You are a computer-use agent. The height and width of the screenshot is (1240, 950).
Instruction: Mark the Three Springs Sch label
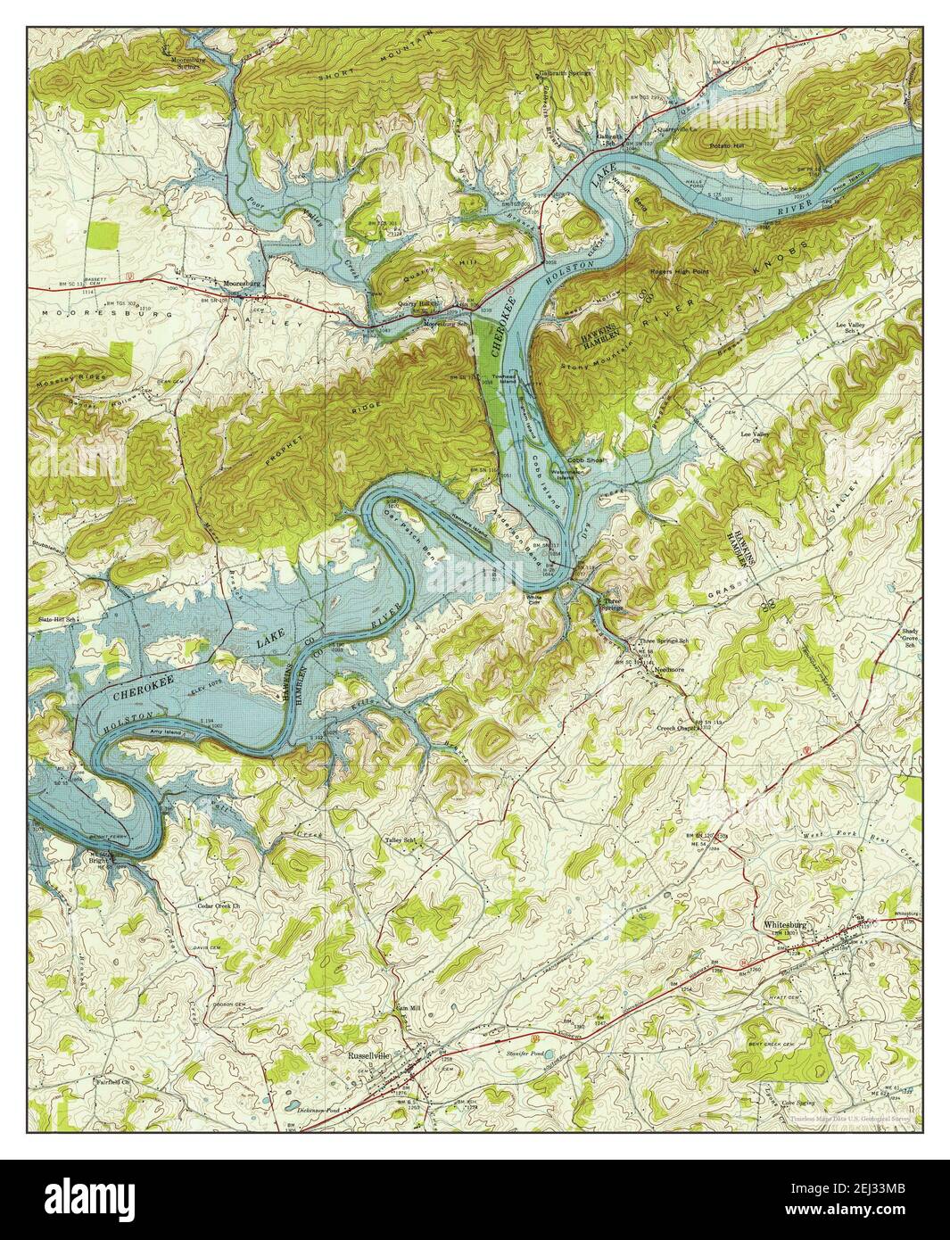(668, 641)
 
